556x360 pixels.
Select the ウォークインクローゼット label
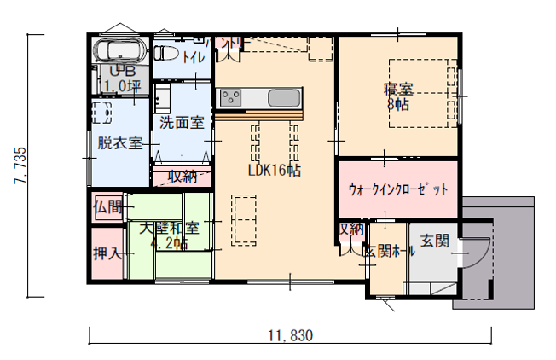[x=397, y=189]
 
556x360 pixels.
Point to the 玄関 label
[x=435, y=241]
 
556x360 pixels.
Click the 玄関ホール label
[x=390, y=251]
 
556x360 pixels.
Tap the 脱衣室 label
[x=119, y=143]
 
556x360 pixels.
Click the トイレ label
[x=194, y=57]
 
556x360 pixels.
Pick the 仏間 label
[x=108, y=207]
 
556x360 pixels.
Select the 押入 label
[x=108, y=253]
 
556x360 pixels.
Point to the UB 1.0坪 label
[x=120, y=78]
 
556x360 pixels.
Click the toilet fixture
[x=165, y=54]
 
